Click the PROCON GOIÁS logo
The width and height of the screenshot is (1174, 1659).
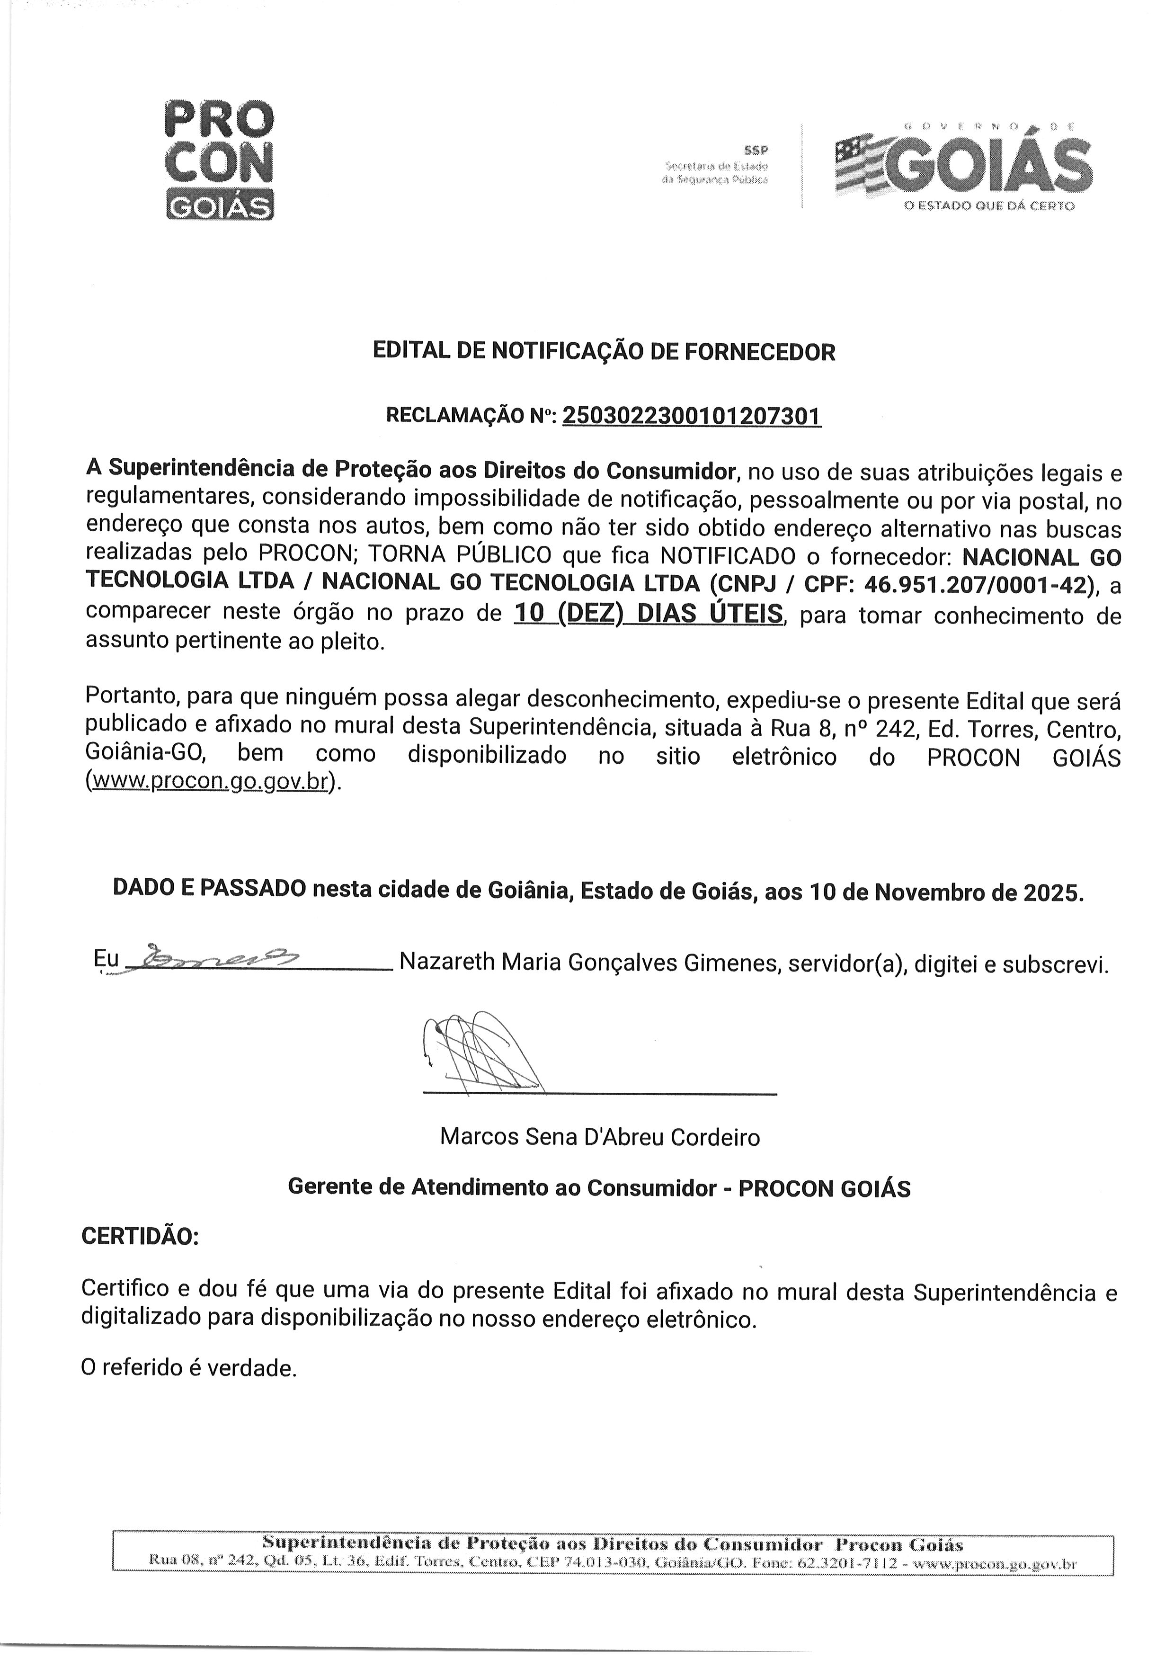220,159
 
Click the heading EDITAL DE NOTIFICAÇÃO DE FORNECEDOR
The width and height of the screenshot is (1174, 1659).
604,352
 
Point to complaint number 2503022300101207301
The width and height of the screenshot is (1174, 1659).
691,416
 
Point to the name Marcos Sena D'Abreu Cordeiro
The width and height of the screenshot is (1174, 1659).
599,1137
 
